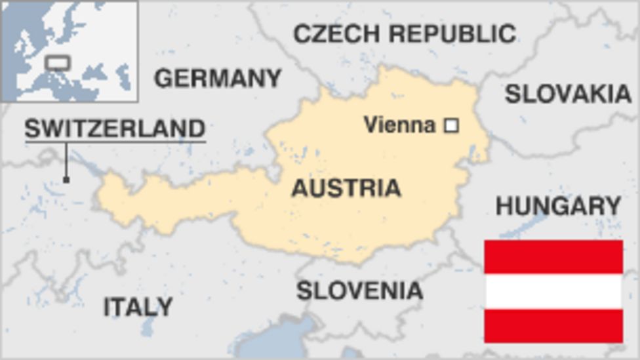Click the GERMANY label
(218, 78)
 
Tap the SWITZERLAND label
(115, 128)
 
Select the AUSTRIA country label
(346, 188)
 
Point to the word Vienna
(399, 125)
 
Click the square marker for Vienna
(451, 125)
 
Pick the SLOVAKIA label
(568, 94)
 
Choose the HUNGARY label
(558, 206)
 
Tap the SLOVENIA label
(359, 290)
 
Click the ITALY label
(138, 306)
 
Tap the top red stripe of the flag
(553, 256)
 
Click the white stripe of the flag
(553, 291)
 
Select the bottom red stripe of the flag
(553, 326)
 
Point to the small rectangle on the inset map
(57, 63)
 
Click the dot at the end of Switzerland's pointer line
(66, 179)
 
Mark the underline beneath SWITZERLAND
(115, 142)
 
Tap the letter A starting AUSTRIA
(299, 188)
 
